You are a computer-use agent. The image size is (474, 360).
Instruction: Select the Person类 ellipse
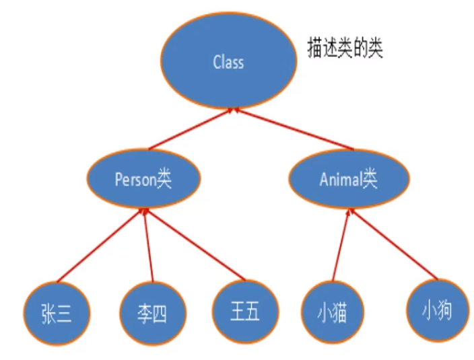(x=143, y=180)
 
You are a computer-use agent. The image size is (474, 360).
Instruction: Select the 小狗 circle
(x=437, y=311)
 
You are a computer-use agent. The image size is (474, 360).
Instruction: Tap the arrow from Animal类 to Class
(x=296, y=129)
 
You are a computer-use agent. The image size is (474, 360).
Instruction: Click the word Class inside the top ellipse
(x=228, y=63)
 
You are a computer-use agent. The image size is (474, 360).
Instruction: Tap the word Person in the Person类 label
(x=135, y=180)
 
